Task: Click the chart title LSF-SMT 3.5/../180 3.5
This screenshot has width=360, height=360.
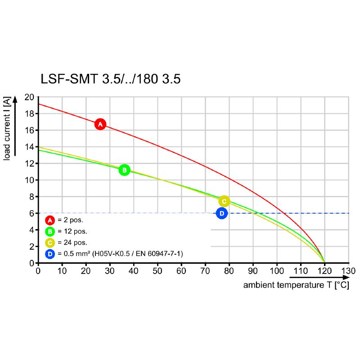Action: pyautogui.click(x=110, y=79)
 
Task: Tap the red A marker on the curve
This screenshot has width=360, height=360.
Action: pyautogui.click(x=100, y=124)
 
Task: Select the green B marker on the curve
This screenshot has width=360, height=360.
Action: pyautogui.click(x=124, y=170)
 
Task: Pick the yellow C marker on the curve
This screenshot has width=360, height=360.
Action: pyautogui.click(x=224, y=201)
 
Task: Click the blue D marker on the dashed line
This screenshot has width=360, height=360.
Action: pyautogui.click(x=221, y=213)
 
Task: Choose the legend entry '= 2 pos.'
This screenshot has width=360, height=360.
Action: pyautogui.click(x=70, y=220)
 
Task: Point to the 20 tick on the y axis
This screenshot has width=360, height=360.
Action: pyautogui.click(x=29, y=97)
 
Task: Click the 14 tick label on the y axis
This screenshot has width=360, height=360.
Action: pyautogui.click(x=29, y=147)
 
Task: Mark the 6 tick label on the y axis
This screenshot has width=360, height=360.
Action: pyautogui.click(x=31, y=213)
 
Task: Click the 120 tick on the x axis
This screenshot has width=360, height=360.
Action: pyautogui.click(x=324, y=271)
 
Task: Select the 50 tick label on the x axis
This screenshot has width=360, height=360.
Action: pyautogui.click(x=157, y=271)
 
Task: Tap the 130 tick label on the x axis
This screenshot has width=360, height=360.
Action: pyautogui.click(x=348, y=271)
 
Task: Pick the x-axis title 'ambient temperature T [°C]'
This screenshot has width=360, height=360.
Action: pyautogui.click(x=296, y=285)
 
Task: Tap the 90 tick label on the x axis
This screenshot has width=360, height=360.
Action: pyautogui.click(x=253, y=271)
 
